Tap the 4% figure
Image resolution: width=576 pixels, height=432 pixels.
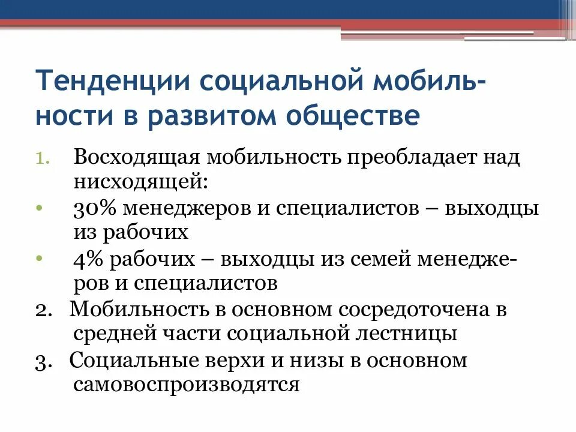click(89, 260)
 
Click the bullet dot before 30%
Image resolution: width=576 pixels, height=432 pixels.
click(39, 206)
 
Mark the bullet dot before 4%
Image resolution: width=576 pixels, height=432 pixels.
click(39, 257)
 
